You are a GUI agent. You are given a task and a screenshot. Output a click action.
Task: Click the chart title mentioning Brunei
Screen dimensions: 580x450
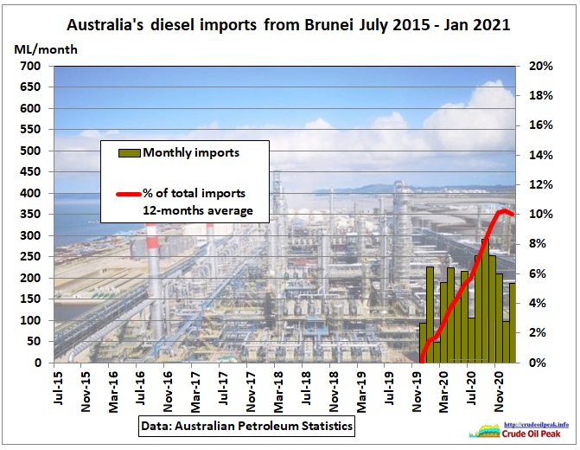tap(288, 25)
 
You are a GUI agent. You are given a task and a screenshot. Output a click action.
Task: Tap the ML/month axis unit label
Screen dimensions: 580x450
tap(46, 49)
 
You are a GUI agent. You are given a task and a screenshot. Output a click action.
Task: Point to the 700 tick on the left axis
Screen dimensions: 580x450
tap(30, 66)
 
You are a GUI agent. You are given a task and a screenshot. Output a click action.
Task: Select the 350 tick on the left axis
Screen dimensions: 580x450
tap(30, 214)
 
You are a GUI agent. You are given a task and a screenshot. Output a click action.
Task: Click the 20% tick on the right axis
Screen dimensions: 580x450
tap(541, 66)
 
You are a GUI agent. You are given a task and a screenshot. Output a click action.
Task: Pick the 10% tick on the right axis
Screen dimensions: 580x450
tap(541, 214)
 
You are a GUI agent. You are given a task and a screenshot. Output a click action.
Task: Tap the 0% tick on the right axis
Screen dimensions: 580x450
tap(538, 363)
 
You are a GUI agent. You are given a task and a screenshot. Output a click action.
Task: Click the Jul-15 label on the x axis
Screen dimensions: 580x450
tap(59, 389)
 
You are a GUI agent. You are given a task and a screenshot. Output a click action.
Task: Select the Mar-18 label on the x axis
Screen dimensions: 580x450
tap(278, 392)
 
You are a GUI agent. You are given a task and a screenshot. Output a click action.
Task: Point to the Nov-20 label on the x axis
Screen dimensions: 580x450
tap(499, 392)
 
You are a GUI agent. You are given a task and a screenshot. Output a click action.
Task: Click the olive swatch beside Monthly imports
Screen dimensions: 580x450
tap(129, 153)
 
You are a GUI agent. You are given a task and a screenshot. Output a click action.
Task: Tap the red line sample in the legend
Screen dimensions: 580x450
tap(129, 194)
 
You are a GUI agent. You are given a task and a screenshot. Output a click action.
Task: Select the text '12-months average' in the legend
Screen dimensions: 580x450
tap(198, 211)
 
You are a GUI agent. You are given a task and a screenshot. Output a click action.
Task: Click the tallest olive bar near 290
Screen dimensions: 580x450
tap(485, 301)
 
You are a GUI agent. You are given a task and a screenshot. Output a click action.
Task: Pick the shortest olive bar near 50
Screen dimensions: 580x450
tap(437, 352)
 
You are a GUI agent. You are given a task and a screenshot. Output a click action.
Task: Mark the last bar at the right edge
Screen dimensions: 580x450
tap(513, 323)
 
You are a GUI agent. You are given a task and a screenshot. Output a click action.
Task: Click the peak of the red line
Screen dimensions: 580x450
tap(503, 211)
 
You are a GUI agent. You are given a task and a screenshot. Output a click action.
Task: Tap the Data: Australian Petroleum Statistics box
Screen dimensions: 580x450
tap(246, 426)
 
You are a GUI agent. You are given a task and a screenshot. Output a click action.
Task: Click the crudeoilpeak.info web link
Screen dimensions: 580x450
tap(536, 425)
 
